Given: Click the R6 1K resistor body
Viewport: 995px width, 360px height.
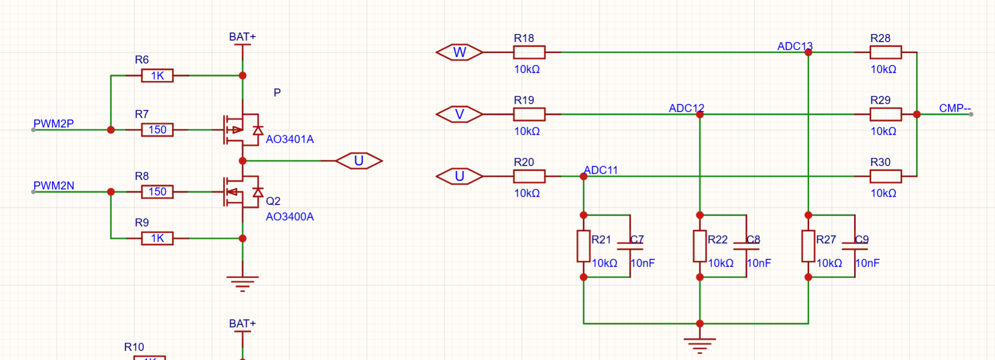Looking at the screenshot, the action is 157,75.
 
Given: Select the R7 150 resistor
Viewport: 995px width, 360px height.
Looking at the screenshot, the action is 157,130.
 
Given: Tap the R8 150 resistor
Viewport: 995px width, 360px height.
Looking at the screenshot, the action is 157,192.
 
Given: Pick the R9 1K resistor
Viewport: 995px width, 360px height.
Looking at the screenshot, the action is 157,238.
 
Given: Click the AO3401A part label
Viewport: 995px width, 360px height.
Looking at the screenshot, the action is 290,139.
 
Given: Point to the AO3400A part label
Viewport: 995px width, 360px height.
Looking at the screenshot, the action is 290,217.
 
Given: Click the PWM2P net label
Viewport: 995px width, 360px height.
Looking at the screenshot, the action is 53,123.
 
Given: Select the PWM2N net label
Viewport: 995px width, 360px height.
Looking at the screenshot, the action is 53,185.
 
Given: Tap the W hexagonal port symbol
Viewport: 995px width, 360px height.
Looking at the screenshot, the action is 459,52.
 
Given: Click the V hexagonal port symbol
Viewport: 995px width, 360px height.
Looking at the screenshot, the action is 459,114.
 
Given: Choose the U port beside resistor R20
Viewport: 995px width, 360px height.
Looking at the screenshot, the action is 459,176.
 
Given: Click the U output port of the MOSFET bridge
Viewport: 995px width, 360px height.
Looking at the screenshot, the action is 358,161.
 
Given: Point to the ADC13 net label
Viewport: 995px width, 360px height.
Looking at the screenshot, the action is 795,46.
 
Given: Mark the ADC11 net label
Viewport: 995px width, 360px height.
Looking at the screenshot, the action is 601,170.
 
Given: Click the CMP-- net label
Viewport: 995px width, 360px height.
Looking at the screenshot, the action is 955,108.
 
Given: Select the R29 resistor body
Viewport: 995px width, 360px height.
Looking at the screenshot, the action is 886,114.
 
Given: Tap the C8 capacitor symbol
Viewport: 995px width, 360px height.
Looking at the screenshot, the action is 746,246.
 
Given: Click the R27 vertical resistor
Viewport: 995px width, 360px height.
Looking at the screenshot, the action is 808,246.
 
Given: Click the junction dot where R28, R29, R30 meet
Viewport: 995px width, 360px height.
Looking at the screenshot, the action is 917,114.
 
